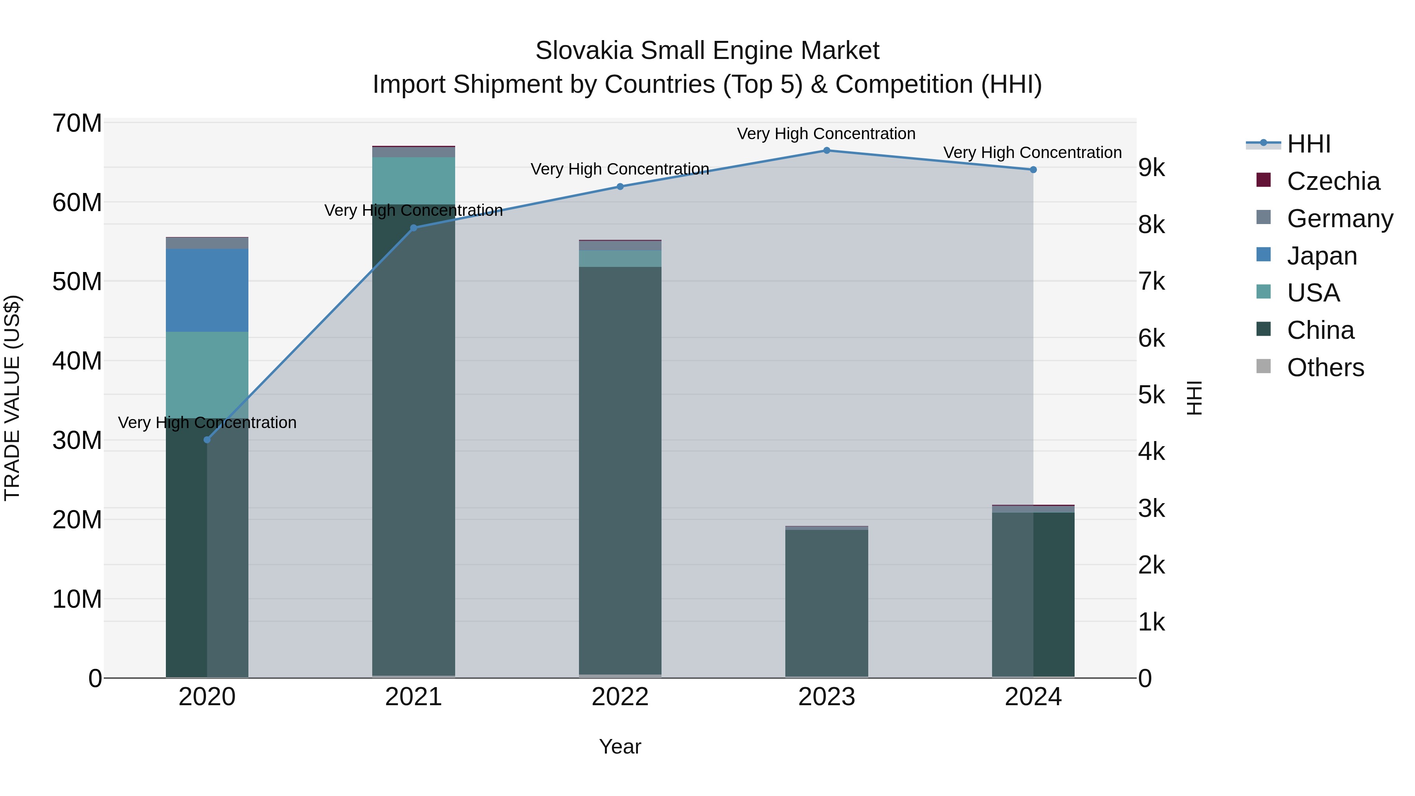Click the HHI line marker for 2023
[826, 151]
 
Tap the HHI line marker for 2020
[207, 440]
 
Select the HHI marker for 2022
[620, 187]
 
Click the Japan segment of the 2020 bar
[207, 290]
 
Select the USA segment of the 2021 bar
[413, 181]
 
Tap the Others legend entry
[1325, 368]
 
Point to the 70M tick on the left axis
[77, 123]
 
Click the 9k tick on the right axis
[1151, 168]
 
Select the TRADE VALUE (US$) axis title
[13, 398]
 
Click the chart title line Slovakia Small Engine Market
[707, 51]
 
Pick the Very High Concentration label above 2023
[826, 134]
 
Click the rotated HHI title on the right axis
[1194, 398]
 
